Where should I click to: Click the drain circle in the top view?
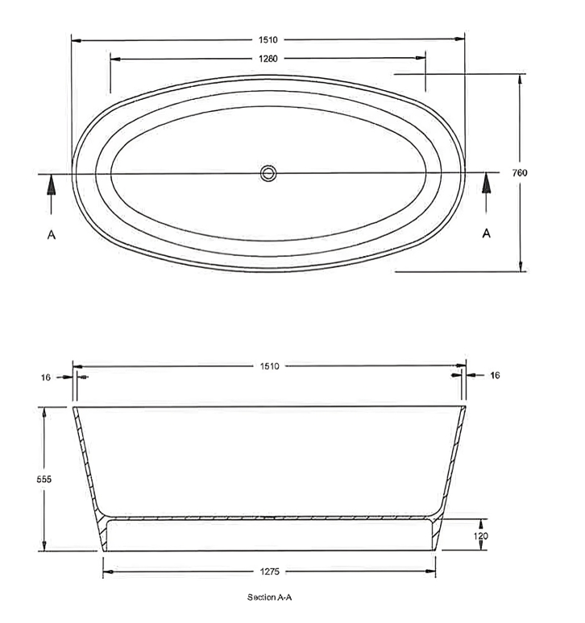coord(268,172)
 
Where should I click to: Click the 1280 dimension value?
coord(268,59)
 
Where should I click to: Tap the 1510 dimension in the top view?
coord(268,38)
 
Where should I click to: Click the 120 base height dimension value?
coord(480,535)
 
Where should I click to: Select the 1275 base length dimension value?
coord(269,572)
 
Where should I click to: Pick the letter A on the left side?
coord(51,234)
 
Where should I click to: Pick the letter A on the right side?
coord(486,233)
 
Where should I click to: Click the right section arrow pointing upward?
coord(486,185)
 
